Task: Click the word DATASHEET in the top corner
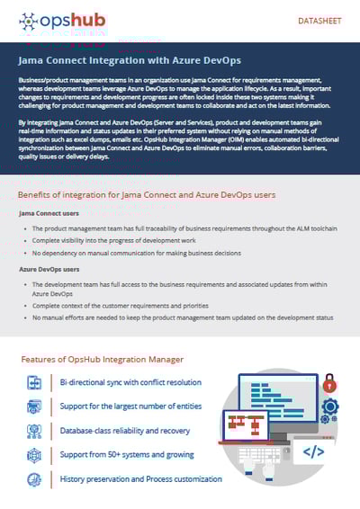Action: (x=319, y=20)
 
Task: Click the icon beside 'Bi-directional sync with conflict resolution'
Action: (x=34, y=382)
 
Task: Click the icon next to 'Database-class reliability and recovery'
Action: (x=34, y=431)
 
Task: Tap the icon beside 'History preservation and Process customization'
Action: (x=34, y=479)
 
